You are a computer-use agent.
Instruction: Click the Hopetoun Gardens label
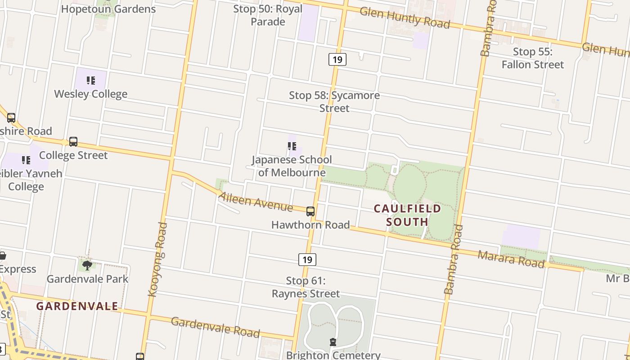click(108, 9)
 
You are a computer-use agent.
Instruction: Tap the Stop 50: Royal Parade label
click(268, 15)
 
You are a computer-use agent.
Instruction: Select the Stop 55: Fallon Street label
click(533, 58)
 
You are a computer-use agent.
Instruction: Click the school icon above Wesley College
click(91, 81)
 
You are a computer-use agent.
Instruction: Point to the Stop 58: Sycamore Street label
click(334, 102)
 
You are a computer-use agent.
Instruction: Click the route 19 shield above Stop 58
click(337, 59)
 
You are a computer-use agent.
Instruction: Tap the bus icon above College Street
click(73, 142)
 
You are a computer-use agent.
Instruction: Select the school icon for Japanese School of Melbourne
click(292, 146)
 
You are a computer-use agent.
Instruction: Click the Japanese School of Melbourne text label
click(292, 166)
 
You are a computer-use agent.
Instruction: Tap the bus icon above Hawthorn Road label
click(310, 211)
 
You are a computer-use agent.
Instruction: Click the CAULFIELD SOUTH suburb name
click(407, 215)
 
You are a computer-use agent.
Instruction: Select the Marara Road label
click(511, 259)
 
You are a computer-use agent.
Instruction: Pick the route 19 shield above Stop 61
click(307, 260)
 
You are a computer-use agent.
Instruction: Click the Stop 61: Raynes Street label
click(306, 287)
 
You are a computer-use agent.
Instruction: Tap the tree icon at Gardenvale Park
click(87, 265)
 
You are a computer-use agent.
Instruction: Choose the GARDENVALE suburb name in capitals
click(77, 306)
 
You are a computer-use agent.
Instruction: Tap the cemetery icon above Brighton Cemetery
click(333, 342)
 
